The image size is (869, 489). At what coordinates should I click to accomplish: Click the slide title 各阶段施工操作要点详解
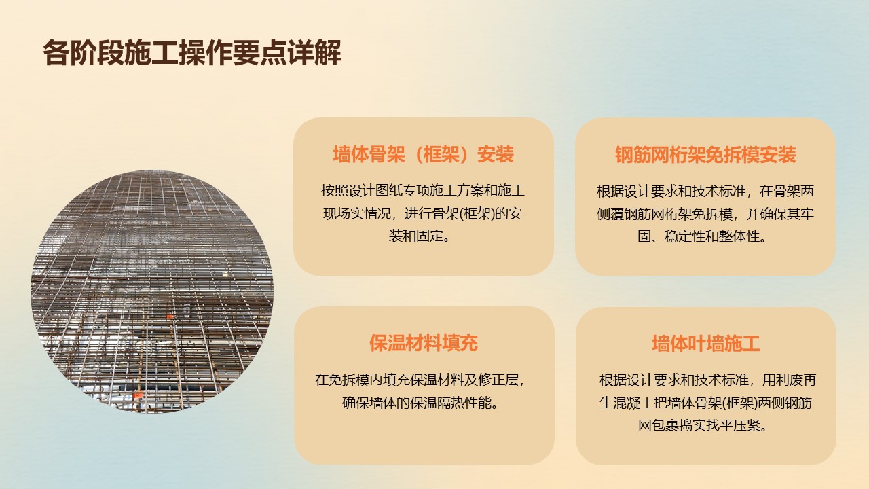click(x=192, y=52)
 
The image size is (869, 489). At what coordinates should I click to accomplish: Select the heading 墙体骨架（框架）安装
click(x=423, y=154)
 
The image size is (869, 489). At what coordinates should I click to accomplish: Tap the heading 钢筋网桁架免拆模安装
click(x=705, y=155)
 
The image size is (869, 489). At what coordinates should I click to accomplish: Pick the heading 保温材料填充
click(x=423, y=343)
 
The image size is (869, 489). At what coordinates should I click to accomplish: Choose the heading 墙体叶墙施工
click(x=705, y=344)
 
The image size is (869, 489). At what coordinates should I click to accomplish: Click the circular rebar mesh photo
click(x=152, y=291)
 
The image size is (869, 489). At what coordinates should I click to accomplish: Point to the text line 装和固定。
click(x=420, y=236)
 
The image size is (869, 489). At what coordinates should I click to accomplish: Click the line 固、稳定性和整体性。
click(x=703, y=236)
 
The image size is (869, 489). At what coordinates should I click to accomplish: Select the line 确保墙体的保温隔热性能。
click(x=420, y=403)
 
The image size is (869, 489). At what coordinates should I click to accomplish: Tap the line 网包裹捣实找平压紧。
click(x=703, y=426)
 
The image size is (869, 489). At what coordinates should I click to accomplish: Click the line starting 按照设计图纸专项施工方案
click(x=423, y=191)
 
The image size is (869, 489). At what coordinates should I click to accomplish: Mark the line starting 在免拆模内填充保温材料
click(x=420, y=380)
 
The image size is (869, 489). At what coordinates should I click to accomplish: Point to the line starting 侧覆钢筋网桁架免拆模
click(x=705, y=214)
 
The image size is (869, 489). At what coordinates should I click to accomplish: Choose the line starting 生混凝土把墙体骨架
click(x=705, y=403)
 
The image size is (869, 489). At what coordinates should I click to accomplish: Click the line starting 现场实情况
click(x=423, y=213)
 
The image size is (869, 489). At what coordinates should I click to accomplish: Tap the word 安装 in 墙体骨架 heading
click(x=496, y=154)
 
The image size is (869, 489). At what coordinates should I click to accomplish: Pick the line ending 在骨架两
click(x=705, y=191)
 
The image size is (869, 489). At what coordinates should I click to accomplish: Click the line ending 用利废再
click(x=708, y=380)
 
